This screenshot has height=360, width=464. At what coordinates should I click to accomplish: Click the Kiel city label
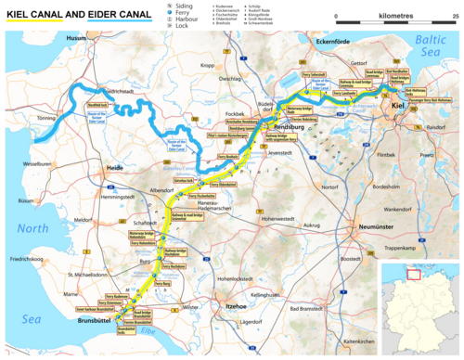(x=398, y=105)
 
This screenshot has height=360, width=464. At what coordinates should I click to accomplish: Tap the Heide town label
(x=115, y=167)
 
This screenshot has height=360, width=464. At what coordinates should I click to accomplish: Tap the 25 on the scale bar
(x=454, y=17)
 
